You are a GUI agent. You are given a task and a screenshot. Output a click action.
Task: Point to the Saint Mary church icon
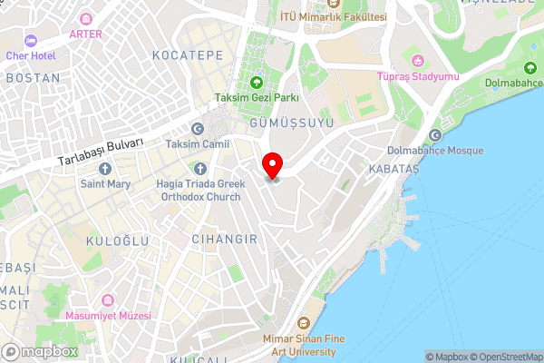coord(105,169)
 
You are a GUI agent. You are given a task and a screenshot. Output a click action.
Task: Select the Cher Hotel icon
coord(29,41)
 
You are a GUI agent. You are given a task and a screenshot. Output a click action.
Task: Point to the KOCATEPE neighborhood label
coord(188,55)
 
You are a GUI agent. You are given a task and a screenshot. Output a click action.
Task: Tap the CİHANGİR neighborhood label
coord(225,239)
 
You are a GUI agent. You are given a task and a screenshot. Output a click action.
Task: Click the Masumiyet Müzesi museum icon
coord(109,299)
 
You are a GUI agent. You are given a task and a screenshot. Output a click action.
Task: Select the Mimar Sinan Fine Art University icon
coord(303,323)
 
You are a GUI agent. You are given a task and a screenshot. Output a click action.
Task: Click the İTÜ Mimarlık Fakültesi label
coord(333,17)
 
